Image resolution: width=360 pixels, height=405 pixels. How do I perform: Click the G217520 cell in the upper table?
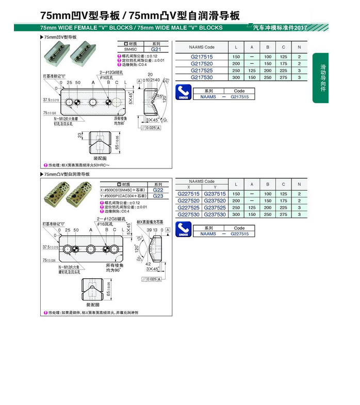click(x=201, y=63)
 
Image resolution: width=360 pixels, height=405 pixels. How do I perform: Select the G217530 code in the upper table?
click(x=201, y=77)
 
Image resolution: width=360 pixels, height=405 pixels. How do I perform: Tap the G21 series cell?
click(x=156, y=49)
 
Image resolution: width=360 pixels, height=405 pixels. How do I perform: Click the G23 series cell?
click(x=158, y=196)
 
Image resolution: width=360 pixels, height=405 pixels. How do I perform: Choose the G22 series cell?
click(x=158, y=190)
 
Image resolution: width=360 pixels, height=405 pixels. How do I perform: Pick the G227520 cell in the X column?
click(x=188, y=200)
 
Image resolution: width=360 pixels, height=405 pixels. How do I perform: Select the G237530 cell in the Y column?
click(x=215, y=214)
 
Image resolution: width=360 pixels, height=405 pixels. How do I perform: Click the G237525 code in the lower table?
click(x=215, y=208)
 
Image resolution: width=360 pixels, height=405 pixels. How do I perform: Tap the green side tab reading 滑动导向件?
click(x=323, y=78)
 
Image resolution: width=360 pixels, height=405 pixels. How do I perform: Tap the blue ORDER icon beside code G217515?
click(x=184, y=94)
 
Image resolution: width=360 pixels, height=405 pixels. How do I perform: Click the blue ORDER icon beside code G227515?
click(x=184, y=230)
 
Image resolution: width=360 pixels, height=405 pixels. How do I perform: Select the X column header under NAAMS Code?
click(x=188, y=187)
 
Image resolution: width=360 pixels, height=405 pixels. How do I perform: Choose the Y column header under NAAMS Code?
click(x=215, y=187)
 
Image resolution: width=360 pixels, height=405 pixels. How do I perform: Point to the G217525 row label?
click(x=201, y=71)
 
